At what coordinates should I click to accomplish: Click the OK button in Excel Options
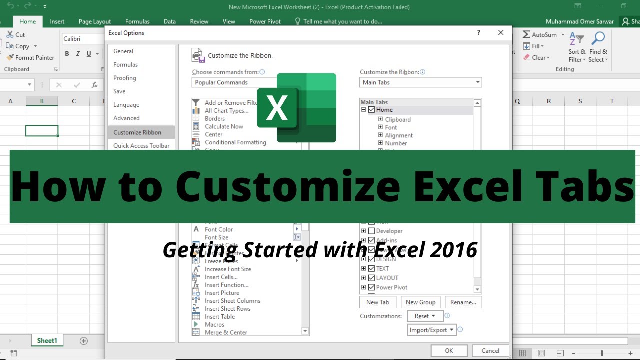(x=449, y=351)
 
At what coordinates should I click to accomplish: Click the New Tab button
(x=377, y=302)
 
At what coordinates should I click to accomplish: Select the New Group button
(x=420, y=302)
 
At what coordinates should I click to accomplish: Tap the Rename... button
(x=463, y=302)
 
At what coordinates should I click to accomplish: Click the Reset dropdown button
(x=424, y=316)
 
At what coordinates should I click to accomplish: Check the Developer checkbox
(x=371, y=231)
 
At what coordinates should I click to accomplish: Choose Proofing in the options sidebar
(x=125, y=78)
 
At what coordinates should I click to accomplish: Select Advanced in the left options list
(x=126, y=118)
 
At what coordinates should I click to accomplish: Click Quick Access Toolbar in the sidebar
(x=141, y=146)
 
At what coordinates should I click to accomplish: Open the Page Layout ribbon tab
(x=95, y=22)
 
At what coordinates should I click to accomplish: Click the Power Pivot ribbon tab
(x=265, y=22)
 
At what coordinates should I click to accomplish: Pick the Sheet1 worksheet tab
(x=47, y=341)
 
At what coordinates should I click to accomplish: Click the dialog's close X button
(x=501, y=33)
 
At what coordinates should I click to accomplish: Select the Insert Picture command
(x=222, y=293)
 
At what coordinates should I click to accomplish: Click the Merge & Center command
(x=226, y=332)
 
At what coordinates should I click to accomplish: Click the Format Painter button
(x=31, y=58)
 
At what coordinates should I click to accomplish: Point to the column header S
(x=580, y=101)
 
